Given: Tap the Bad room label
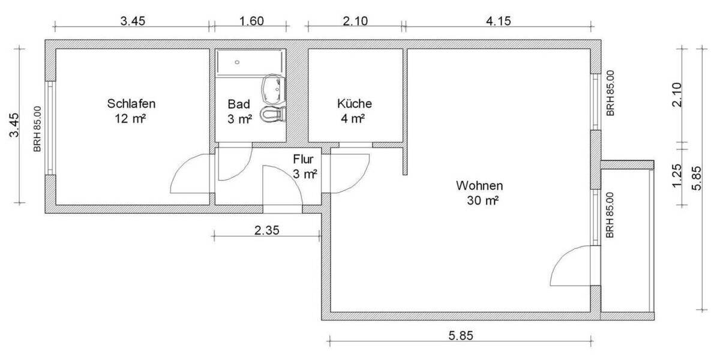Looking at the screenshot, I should pos(239,103).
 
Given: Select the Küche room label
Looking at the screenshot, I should pos(354,103).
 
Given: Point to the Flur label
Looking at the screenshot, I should pos(304,160).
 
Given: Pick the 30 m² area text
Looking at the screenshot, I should pos(482,201).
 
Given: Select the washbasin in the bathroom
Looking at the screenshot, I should pos(274,88).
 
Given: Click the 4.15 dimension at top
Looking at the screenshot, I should pos(498,21).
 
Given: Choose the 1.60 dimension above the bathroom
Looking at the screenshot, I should pos(251,21).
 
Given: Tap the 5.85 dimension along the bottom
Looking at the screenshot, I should pos(460,336).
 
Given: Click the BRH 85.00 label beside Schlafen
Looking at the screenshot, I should pos(37,128).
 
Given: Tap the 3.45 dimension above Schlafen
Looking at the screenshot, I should pos(132,21).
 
